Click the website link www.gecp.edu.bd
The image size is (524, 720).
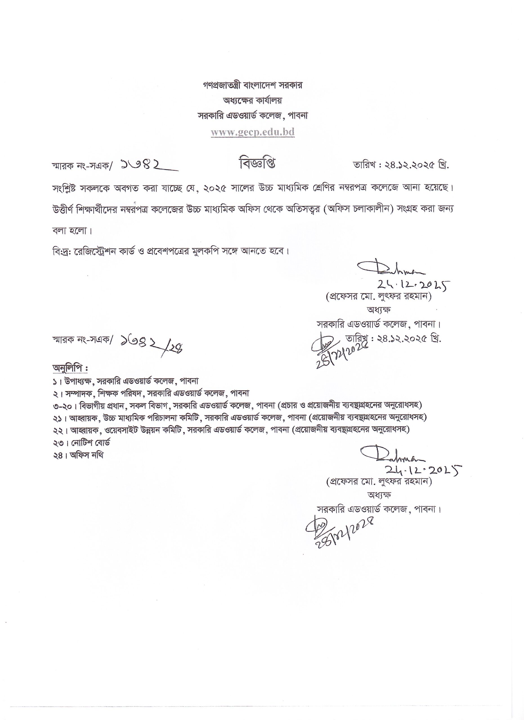click(x=253, y=132)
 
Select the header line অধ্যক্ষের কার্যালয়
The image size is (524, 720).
click(x=252, y=101)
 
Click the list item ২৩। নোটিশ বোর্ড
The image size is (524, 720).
click(x=82, y=443)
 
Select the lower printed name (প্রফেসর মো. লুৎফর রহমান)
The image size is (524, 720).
click(x=379, y=481)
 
